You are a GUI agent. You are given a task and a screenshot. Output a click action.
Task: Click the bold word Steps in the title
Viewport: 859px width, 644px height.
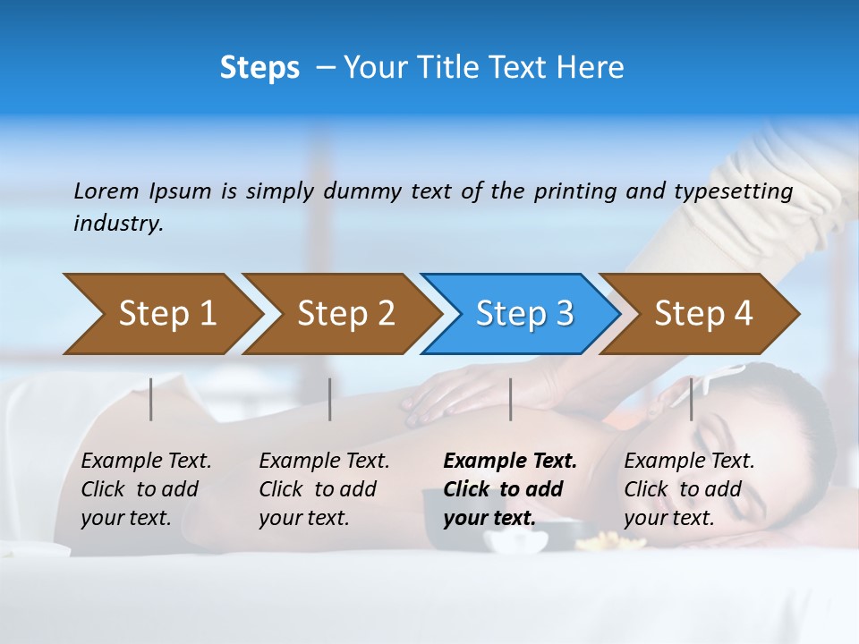click(x=259, y=68)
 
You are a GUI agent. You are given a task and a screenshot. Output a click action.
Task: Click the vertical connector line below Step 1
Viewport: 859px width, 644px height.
click(x=151, y=399)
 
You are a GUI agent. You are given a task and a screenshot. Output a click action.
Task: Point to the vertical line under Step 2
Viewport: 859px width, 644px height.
click(x=330, y=399)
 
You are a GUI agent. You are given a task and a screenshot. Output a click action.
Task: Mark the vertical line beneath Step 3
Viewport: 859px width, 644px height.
click(x=510, y=399)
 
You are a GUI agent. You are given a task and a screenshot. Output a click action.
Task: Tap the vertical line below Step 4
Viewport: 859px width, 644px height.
click(x=691, y=399)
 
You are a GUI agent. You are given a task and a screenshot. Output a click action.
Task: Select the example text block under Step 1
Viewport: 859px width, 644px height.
click(x=146, y=488)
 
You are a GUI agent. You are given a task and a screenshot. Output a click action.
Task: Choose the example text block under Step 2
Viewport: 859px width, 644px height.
click(x=324, y=488)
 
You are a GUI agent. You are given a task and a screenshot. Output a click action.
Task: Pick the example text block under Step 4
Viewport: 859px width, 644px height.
click(x=689, y=488)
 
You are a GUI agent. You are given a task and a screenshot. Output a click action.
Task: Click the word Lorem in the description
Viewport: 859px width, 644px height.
click(x=106, y=191)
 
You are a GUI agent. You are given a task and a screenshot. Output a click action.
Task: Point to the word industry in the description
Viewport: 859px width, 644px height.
click(x=118, y=223)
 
